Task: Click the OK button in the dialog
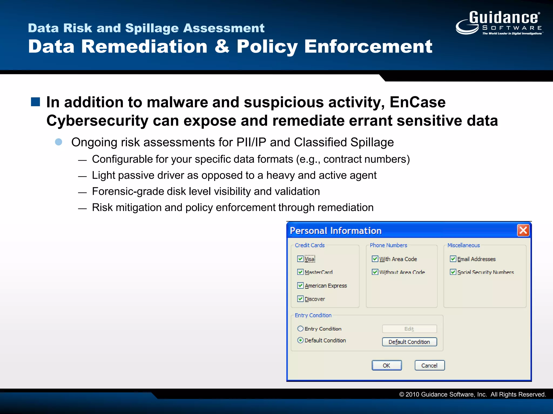(x=386, y=365)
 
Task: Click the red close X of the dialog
(x=523, y=230)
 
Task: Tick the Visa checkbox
(x=300, y=259)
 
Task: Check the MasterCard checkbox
(x=300, y=272)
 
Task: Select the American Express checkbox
(x=300, y=285)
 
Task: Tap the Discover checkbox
(x=300, y=299)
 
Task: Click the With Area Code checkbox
(x=375, y=259)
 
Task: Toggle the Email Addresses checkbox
(x=453, y=259)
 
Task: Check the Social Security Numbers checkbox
(x=453, y=272)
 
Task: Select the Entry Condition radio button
(x=300, y=329)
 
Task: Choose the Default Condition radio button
(x=300, y=340)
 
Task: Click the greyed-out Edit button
(x=409, y=329)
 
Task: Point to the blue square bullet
(x=35, y=102)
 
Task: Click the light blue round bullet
(x=59, y=142)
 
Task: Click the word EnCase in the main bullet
(x=417, y=102)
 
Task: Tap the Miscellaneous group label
(x=463, y=245)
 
